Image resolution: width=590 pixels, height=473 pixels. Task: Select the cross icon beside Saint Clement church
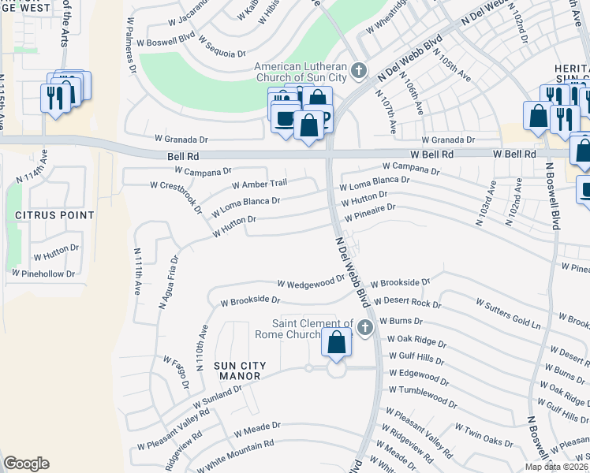[x=364, y=328]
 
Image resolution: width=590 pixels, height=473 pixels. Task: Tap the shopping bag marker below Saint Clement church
[x=336, y=343]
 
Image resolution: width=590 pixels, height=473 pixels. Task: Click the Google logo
[x=26, y=464]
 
